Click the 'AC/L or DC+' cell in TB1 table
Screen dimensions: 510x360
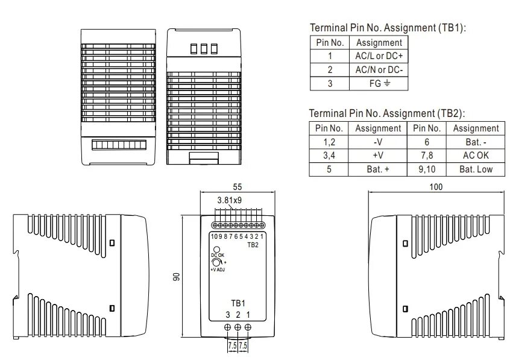pos(379,56)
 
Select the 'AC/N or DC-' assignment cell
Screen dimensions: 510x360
pos(379,70)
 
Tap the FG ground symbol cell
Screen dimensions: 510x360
pos(379,84)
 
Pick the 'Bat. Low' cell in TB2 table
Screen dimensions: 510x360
pos(476,169)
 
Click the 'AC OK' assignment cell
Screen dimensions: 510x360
pos(476,156)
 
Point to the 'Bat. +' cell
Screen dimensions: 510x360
pos(377,169)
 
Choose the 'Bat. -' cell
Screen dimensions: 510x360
pos(476,142)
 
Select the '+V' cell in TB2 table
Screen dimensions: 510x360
pos(377,156)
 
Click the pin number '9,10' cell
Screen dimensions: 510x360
pos(427,169)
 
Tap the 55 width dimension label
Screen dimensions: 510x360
pos(238,187)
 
